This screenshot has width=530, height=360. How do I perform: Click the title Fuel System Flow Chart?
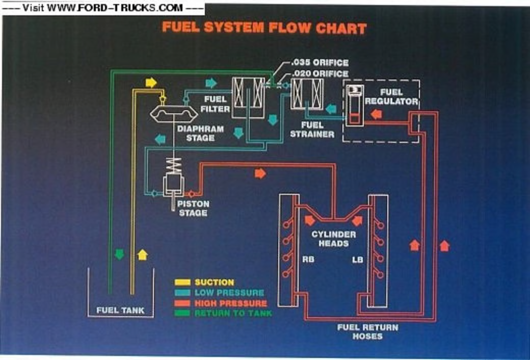(264, 28)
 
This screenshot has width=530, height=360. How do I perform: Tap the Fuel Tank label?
(121, 310)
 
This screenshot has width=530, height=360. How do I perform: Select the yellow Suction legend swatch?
(182, 282)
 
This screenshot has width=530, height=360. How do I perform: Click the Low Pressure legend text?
(229, 293)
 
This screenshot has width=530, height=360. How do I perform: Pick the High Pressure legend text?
(231, 303)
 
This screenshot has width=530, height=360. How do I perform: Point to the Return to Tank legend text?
(233, 313)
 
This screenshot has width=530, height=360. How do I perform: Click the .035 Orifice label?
(320, 63)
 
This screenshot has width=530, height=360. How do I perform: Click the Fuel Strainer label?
(312, 129)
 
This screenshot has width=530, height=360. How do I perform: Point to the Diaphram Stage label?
(200, 134)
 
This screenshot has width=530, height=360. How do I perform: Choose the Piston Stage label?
(193, 208)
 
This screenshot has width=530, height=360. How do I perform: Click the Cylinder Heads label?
(334, 239)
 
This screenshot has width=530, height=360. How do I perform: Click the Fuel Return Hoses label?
(367, 331)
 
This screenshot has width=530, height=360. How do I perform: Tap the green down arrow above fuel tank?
(120, 253)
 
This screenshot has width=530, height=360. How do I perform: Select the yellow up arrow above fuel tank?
(142, 254)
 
